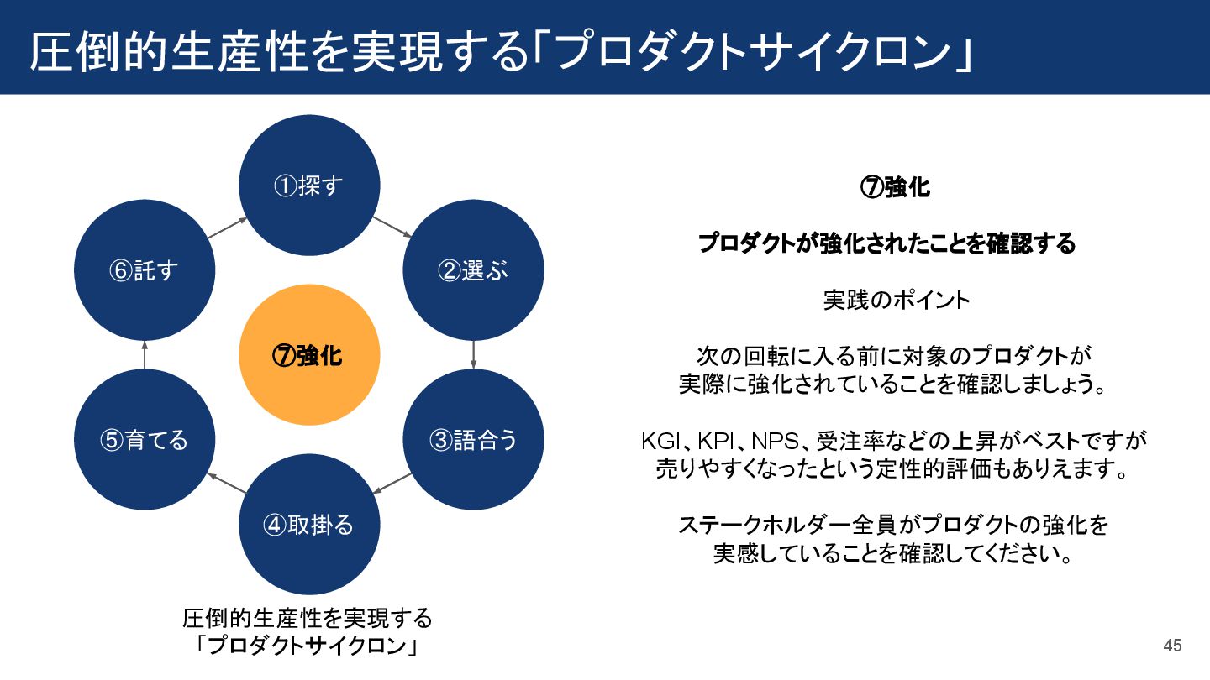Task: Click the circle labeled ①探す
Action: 309,186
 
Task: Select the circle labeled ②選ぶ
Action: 474,270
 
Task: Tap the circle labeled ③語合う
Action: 474,440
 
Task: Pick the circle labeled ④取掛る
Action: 309,525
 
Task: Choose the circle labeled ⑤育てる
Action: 145,440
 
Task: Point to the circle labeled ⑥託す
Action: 145,270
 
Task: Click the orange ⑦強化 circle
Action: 309,355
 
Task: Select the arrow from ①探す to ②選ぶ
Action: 391,228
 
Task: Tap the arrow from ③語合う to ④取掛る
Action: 392,483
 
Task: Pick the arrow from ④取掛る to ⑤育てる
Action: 227,483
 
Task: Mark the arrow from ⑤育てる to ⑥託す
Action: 145,354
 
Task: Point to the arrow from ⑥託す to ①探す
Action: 227,228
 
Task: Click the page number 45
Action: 1172,646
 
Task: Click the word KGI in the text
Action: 659,441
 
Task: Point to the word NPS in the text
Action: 768,441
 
